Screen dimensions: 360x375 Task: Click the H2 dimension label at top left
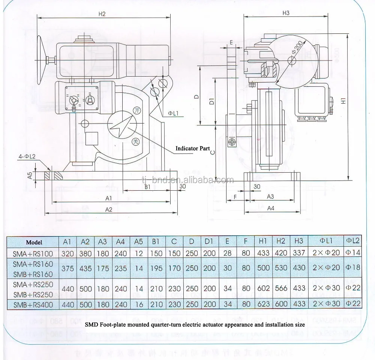click(102, 14)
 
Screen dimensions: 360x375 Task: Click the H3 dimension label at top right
click(286, 13)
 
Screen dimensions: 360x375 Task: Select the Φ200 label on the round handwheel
click(296, 50)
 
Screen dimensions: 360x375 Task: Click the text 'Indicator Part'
click(193, 148)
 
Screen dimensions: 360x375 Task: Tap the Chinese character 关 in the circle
click(136, 141)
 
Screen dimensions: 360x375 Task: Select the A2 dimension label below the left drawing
click(109, 210)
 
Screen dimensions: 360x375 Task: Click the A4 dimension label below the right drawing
click(270, 208)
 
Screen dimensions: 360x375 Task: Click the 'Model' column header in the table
click(34, 242)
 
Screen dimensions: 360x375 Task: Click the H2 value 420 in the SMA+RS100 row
click(281, 253)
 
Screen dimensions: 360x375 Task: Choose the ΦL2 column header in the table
click(352, 241)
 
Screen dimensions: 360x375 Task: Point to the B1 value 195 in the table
click(156, 269)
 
